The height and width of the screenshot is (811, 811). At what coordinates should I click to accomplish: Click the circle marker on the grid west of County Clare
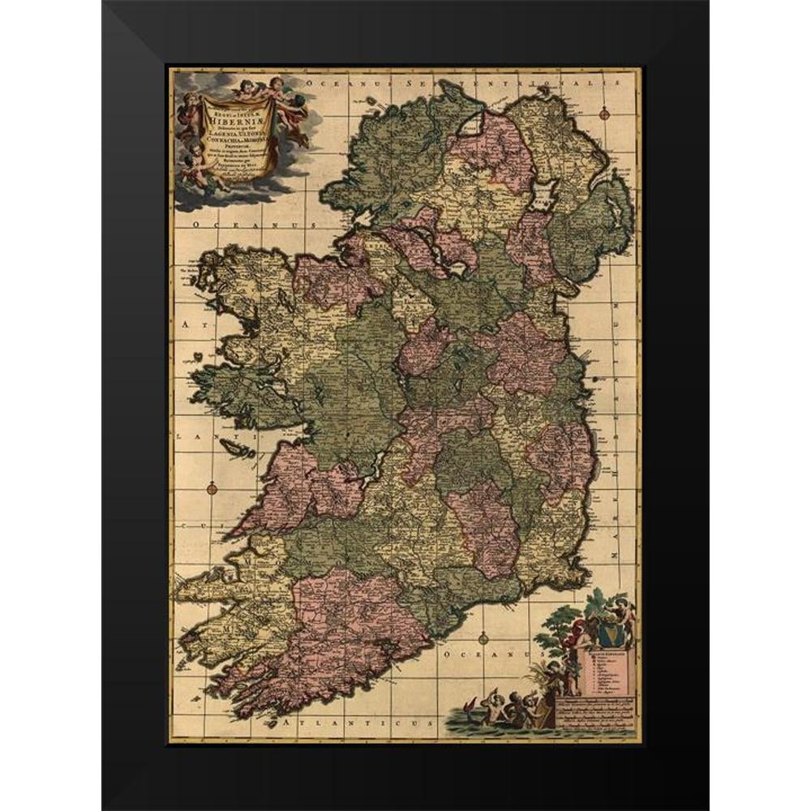pos(212,488)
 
